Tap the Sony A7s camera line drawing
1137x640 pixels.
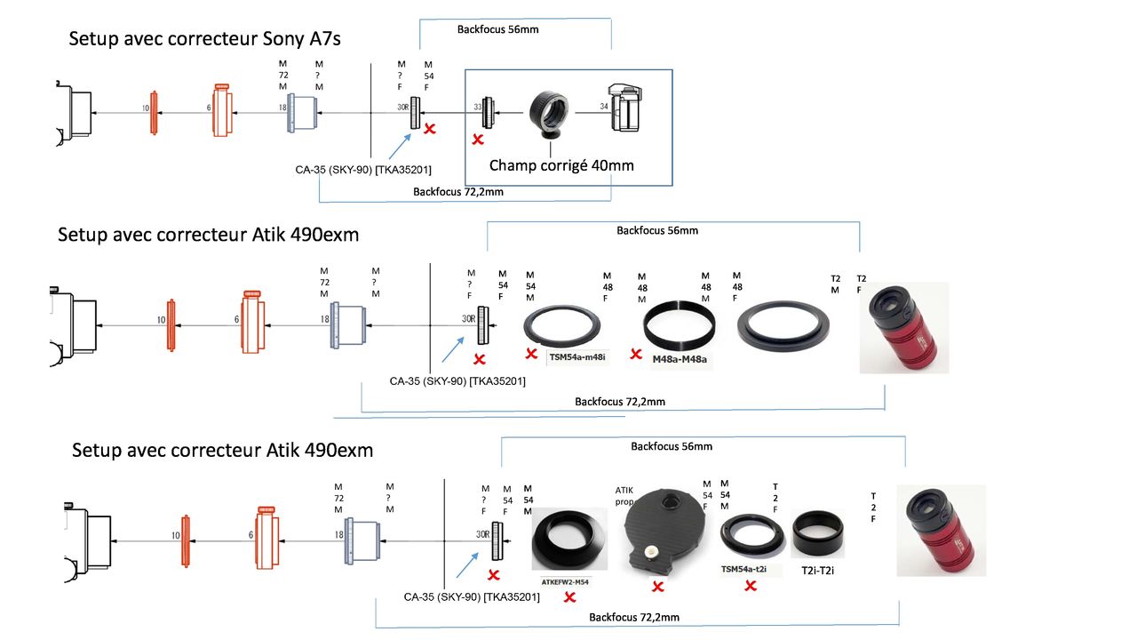[623, 108]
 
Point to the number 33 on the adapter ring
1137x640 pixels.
[478, 107]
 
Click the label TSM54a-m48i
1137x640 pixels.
[576, 357]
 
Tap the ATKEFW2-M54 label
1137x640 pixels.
[565, 581]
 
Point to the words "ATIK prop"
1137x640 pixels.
[624, 496]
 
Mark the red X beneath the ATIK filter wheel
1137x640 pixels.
[658, 586]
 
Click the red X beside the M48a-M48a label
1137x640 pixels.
[636, 354]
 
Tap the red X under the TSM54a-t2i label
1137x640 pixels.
[751, 586]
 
